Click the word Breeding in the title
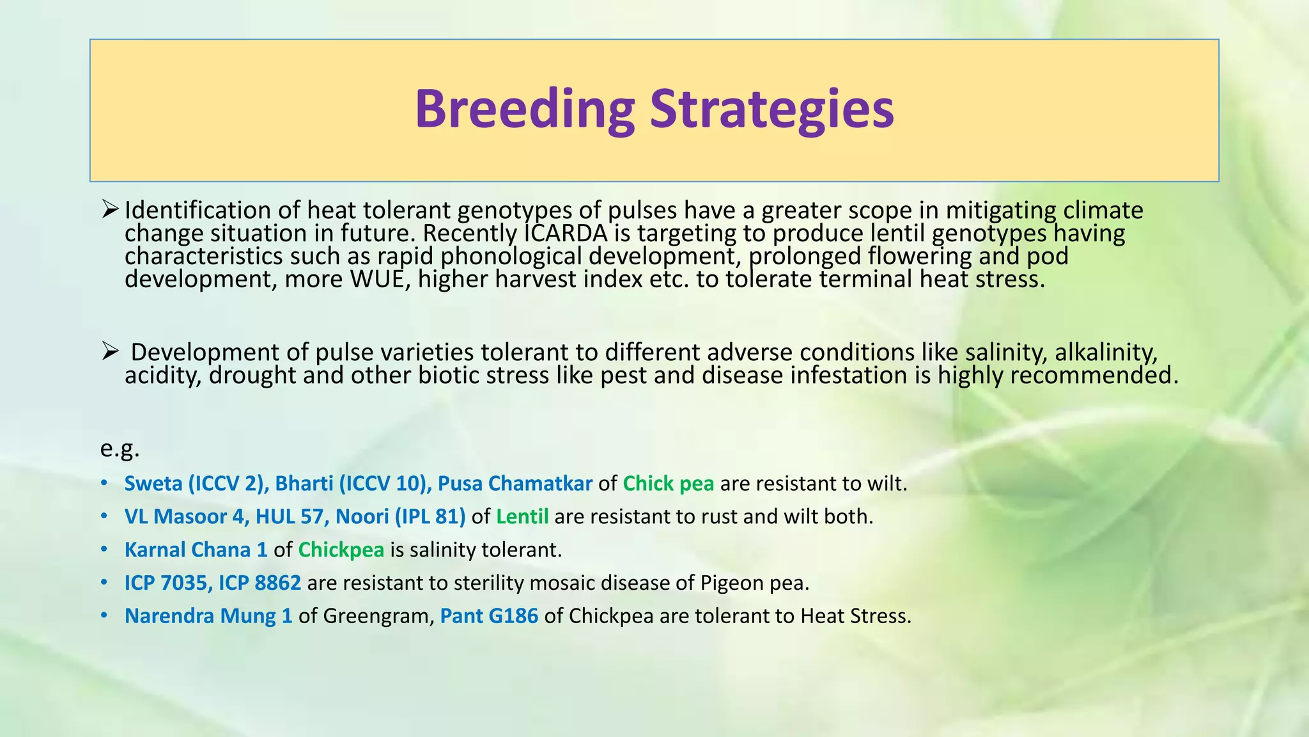[524, 109]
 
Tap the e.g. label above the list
[120, 448]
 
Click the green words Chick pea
[668, 484]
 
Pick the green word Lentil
[522, 517]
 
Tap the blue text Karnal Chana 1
[196, 550]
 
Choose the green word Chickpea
[341, 550]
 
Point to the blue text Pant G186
[489, 617]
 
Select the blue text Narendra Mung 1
[208, 617]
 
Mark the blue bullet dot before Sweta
[104, 484]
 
